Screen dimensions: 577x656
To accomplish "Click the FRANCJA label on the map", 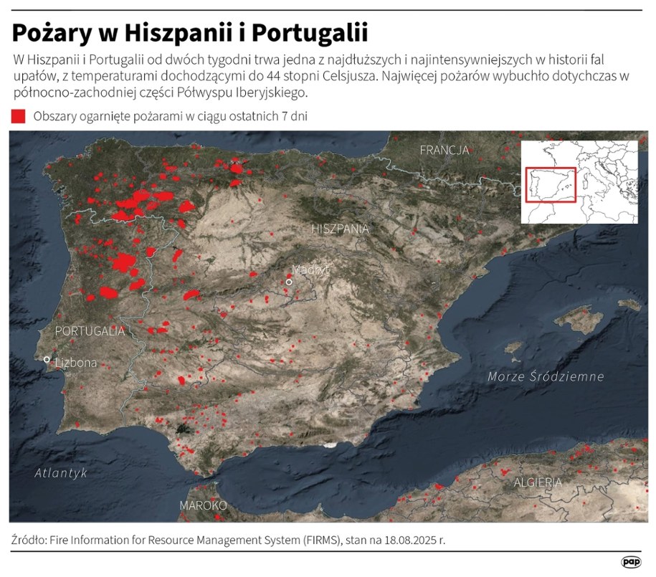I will (444, 150).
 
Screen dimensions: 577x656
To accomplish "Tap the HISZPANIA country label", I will (341, 229).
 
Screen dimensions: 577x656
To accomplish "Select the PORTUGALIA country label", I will (90, 331).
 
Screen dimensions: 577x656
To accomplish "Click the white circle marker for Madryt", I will (289, 282).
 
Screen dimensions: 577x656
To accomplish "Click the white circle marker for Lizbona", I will (47, 359).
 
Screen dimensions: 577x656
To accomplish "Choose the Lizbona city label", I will (75, 363).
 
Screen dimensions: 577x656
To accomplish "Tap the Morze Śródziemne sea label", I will (546, 376).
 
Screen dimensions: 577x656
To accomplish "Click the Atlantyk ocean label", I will (61, 473).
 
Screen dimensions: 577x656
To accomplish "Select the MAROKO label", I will (203, 505).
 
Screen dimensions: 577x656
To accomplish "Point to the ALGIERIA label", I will (538, 482).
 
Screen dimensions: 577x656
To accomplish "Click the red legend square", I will (19, 116).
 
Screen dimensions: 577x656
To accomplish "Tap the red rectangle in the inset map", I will (551, 185).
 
